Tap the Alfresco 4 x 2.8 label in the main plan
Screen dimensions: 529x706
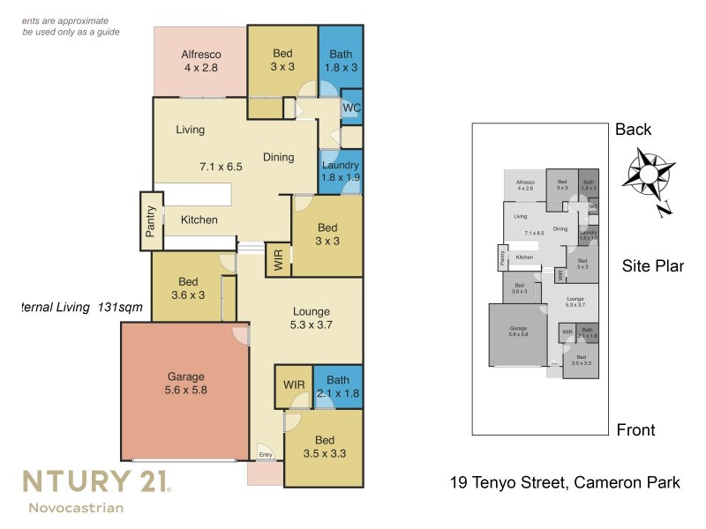tap(200, 59)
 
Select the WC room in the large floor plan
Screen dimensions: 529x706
tap(351, 108)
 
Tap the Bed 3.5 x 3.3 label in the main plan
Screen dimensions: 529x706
tap(324, 447)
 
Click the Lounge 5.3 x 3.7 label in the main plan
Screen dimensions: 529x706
tap(312, 317)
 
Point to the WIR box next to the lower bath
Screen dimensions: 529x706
tap(293, 386)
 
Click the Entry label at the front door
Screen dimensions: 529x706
tap(265, 455)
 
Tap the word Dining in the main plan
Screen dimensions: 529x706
tap(278, 158)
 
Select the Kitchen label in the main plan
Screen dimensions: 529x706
tap(199, 220)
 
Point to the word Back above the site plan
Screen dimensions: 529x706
tap(633, 130)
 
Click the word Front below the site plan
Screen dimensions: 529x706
tap(635, 430)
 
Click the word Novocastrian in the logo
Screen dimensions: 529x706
tap(76, 507)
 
